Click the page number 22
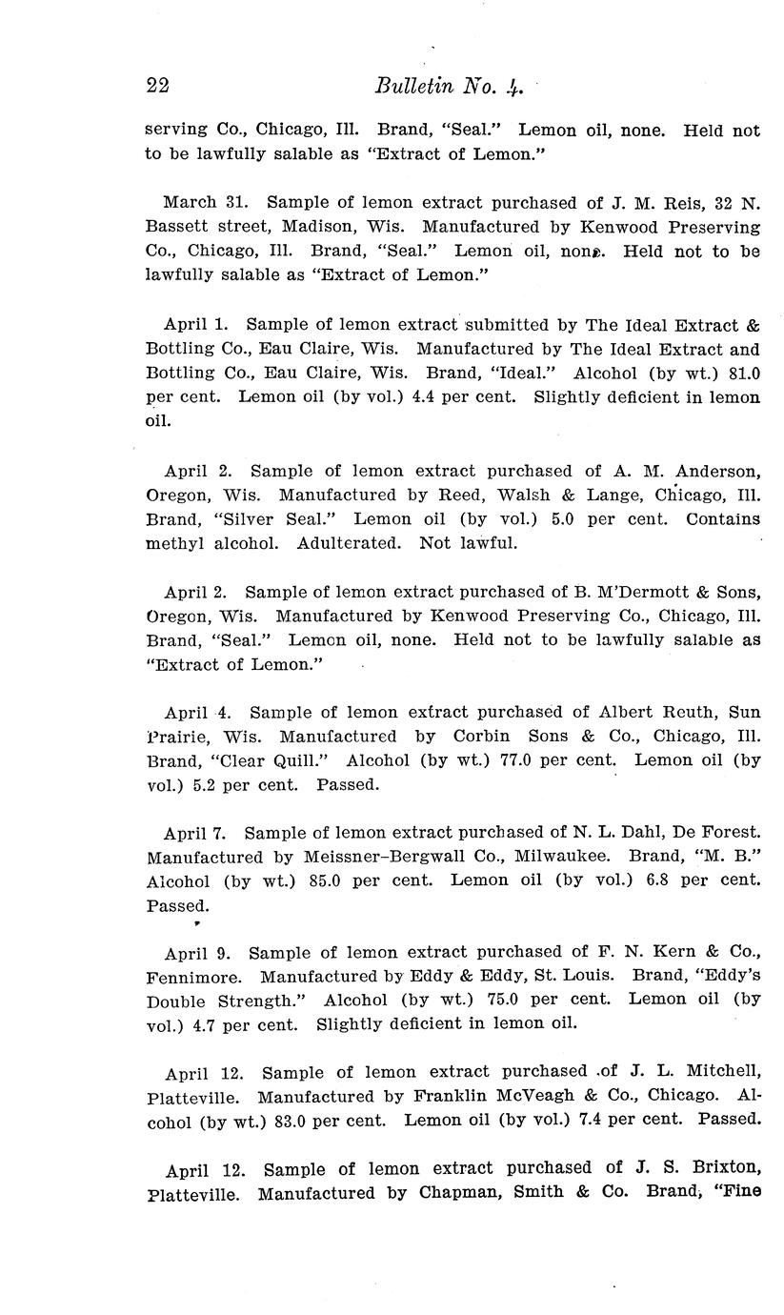click(158, 86)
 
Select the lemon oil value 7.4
click(592, 1121)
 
